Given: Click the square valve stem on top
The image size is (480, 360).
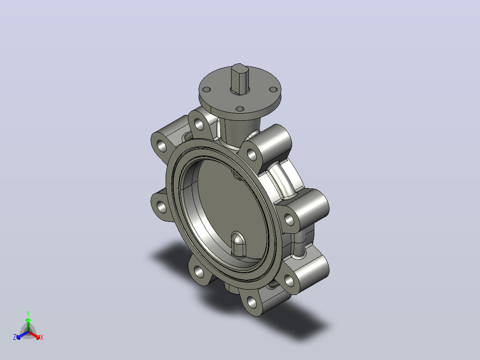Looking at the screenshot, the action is [x=240, y=79].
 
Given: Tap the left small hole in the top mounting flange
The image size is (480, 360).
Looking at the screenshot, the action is [x=207, y=90].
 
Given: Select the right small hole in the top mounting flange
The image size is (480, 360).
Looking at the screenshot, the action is [x=273, y=90].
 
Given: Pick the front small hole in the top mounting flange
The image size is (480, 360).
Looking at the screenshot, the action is [x=240, y=109].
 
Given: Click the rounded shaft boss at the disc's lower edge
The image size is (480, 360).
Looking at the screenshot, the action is [x=238, y=244].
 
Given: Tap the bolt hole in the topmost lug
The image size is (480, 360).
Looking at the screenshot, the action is [x=199, y=125].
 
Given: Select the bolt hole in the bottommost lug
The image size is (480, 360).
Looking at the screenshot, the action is [x=252, y=303].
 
